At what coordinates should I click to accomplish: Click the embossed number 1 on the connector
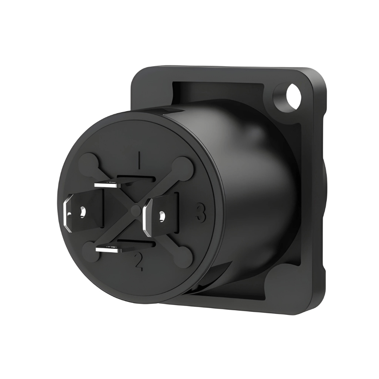pos(139,160)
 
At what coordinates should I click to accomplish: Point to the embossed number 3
pos(201,212)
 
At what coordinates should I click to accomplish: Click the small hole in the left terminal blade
pos(83,212)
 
